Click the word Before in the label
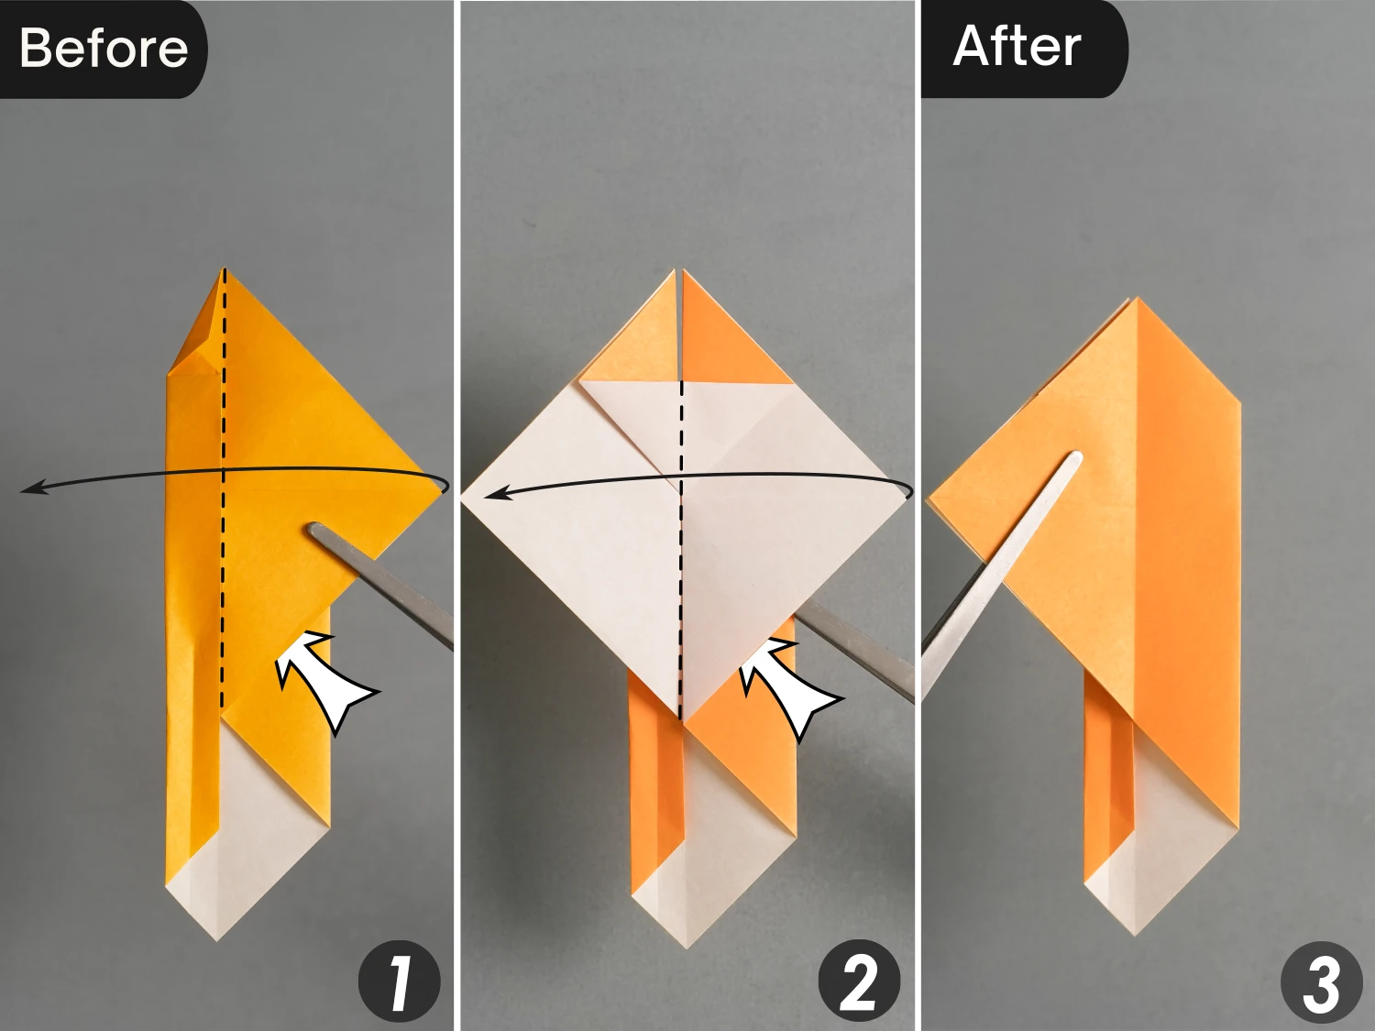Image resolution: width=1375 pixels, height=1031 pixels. pos(103,48)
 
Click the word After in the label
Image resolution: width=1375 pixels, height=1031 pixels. pos(1017,46)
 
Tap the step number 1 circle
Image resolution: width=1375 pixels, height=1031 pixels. pos(399,982)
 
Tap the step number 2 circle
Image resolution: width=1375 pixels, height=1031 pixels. pos(859,982)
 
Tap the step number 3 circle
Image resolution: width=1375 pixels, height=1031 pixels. pos(1321,982)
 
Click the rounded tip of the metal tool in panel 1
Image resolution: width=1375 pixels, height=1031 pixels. pos(315,531)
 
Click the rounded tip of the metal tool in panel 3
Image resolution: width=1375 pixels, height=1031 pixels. pos(1075,457)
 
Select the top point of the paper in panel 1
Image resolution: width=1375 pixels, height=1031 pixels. pos(224,269)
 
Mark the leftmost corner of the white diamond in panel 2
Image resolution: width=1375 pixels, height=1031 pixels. pos(463,500)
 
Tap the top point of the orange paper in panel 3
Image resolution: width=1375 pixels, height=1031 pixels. pos(1137,300)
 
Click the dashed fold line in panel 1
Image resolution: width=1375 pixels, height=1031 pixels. pos(223,550)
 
